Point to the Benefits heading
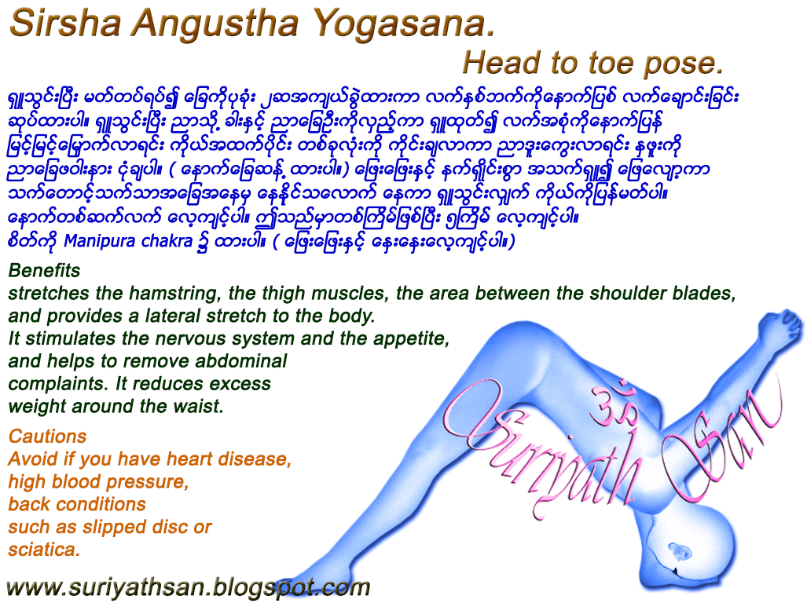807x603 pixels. (44, 271)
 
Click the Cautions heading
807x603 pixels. (47, 437)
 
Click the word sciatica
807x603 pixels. (44, 550)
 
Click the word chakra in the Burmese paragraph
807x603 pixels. (166, 242)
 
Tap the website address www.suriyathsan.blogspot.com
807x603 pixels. (188, 587)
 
